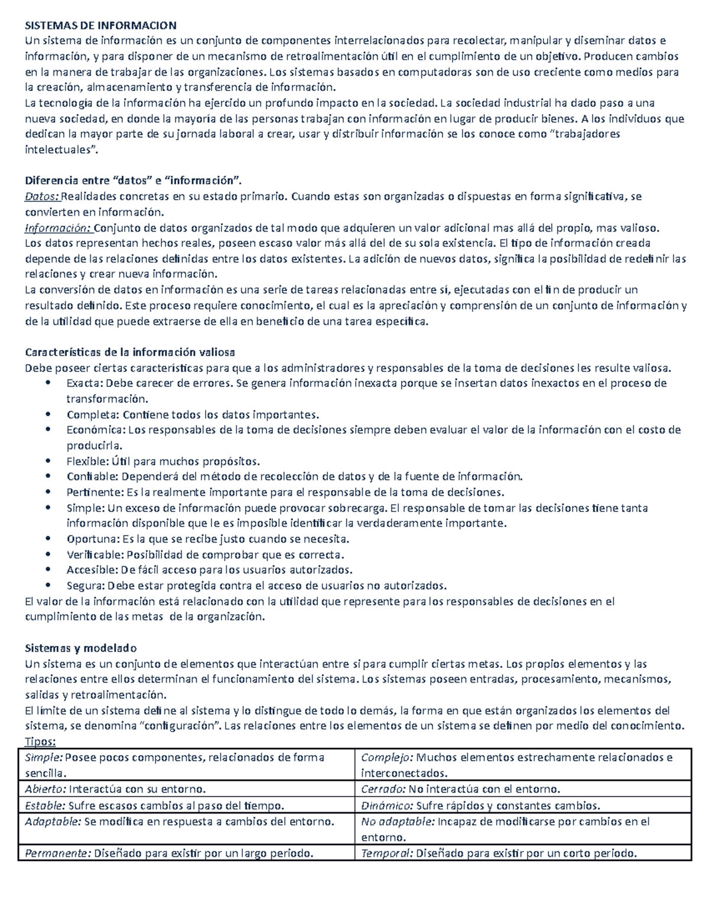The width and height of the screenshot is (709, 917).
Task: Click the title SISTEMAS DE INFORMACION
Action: [x=100, y=25]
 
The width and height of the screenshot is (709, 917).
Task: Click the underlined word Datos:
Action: [x=42, y=197]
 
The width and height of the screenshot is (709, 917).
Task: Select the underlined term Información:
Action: [x=58, y=228]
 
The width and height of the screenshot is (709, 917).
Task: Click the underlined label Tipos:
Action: [x=40, y=742]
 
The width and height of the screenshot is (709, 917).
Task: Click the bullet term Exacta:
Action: [x=84, y=383]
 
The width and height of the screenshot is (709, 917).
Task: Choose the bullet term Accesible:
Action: [x=92, y=570]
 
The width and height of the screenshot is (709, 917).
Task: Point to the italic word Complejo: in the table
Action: [x=388, y=758]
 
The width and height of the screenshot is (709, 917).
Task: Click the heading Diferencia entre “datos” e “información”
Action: [x=133, y=181]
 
